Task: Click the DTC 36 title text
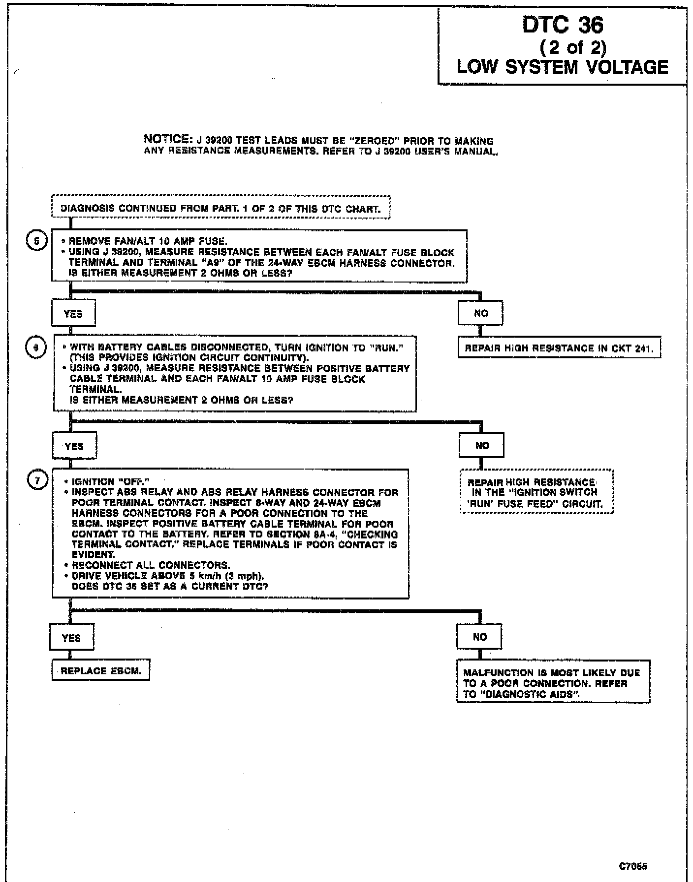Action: (563, 25)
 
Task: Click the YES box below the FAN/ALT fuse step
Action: (73, 314)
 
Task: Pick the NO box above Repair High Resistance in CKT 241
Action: (480, 313)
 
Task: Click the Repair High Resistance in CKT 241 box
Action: (559, 348)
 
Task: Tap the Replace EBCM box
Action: (100, 671)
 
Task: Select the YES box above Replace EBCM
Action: (71, 638)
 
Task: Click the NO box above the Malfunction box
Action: (479, 637)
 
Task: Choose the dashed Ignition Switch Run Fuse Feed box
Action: (536, 493)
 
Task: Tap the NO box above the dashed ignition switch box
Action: (482, 445)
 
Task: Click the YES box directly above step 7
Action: (74, 446)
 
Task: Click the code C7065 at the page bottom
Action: (633, 866)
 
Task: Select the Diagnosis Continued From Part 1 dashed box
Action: (220, 208)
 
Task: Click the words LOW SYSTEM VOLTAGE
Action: (563, 67)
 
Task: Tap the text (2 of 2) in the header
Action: (573, 47)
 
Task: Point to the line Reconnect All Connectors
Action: (151, 565)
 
